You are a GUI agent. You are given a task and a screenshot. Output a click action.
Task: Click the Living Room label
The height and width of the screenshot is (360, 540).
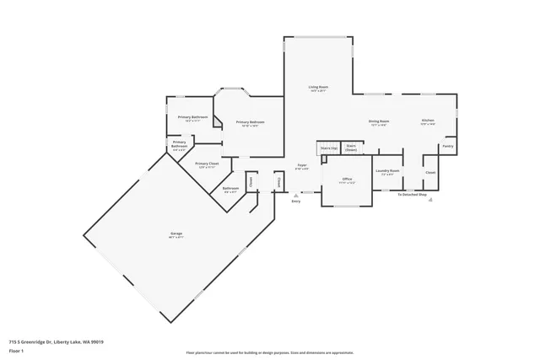click(318, 88)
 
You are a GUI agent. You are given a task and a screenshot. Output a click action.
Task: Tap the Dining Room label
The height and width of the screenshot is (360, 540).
click(378, 121)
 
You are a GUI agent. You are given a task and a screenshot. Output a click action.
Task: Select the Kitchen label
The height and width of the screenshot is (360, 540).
click(428, 121)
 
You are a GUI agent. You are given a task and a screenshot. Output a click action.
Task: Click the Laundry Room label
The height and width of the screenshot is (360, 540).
click(389, 170)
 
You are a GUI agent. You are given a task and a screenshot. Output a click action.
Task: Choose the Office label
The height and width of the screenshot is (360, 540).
click(346, 180)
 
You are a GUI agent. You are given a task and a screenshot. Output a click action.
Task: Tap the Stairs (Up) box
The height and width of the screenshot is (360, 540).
click(328, 148)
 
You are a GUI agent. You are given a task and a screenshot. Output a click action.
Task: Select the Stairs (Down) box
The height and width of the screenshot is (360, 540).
click(351, 148)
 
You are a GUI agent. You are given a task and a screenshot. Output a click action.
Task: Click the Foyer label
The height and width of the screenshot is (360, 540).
click(301, 165)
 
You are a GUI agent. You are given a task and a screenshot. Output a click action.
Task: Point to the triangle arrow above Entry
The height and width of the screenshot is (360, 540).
click(295, 195)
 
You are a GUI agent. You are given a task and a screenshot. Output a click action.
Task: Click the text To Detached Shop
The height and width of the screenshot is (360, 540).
click(413, 195)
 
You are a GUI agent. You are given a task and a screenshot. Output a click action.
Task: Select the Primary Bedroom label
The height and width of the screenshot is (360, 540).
click(251, 123)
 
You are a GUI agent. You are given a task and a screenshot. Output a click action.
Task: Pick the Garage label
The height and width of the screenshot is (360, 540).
click(176, 234)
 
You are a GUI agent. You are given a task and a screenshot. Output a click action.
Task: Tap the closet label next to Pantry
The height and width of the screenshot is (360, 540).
click(430, 172)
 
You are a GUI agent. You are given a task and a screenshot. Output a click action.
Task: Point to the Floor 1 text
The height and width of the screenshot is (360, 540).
click(16, 350)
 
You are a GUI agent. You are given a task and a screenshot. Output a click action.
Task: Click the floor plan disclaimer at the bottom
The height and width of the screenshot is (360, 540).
click(269, 352)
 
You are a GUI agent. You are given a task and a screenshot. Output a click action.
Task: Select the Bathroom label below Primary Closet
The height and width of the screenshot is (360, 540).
click(230, 189)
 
